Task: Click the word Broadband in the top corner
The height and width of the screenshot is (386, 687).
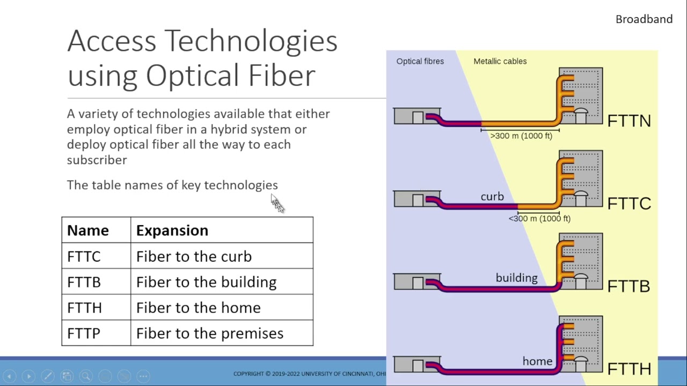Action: click(644, 19)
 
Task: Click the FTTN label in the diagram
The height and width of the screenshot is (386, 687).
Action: click(628, 121)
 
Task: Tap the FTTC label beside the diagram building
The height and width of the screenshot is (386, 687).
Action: click(628, 204)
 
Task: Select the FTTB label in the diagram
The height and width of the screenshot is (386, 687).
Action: click(628, 286)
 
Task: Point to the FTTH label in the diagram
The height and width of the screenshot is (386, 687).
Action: click(628, 369)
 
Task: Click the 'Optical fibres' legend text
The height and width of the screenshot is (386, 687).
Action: click(420, 61)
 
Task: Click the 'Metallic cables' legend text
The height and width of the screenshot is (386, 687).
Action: click(500, 61)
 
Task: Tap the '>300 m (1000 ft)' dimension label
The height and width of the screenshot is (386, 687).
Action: click(521, 136)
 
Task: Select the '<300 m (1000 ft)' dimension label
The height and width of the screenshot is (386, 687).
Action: click(539, 219)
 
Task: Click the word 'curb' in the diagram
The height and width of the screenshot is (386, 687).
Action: click(492, 197)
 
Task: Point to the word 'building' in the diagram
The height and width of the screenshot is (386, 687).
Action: click(516, 278)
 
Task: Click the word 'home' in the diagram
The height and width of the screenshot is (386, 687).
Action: click(537, 361)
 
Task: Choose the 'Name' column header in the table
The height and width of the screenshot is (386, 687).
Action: click(88, 231)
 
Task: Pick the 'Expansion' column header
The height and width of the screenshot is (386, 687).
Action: click(172, 231)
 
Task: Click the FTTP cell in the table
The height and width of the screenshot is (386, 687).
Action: click(84, 333)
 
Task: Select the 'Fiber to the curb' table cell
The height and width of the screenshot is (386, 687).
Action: click(194, 256)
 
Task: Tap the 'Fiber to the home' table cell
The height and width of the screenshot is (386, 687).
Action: click(198, 308)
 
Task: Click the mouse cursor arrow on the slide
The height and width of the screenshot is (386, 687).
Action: click(276, 203)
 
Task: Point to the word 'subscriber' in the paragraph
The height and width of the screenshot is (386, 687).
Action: click(97, 160)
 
